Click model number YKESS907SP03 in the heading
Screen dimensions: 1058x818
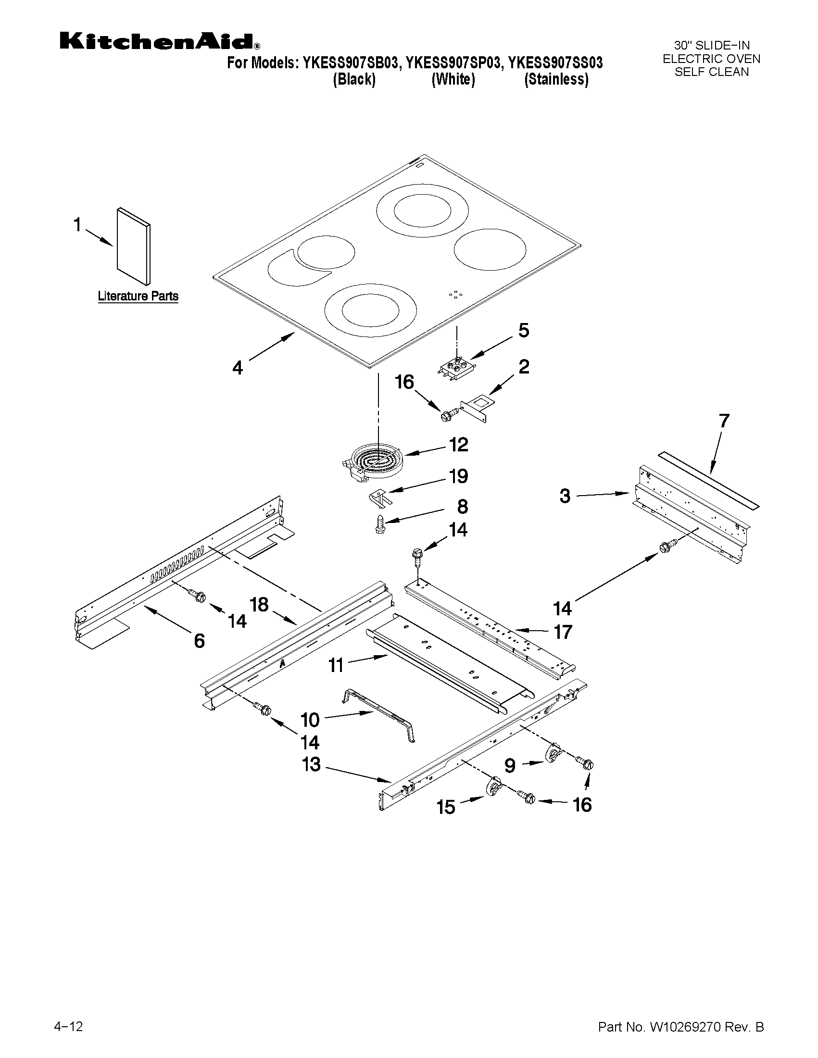point(453,63)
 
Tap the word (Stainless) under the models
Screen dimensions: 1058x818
point(556,79)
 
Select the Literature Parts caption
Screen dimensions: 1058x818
point(138,296)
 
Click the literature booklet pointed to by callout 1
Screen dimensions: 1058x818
point(133,247)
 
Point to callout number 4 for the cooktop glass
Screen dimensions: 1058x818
point(237,368)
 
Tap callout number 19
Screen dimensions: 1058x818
point(458,476)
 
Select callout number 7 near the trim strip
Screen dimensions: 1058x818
point(723,421)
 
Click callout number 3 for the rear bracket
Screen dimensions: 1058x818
point(565,496)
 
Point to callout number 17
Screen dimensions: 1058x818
point(563,632)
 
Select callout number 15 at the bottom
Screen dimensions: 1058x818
point(446,807)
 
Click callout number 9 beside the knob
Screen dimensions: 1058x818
point(510,766)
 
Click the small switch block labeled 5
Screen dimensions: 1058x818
point(455,366)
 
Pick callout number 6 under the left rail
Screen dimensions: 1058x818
point(199,641)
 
